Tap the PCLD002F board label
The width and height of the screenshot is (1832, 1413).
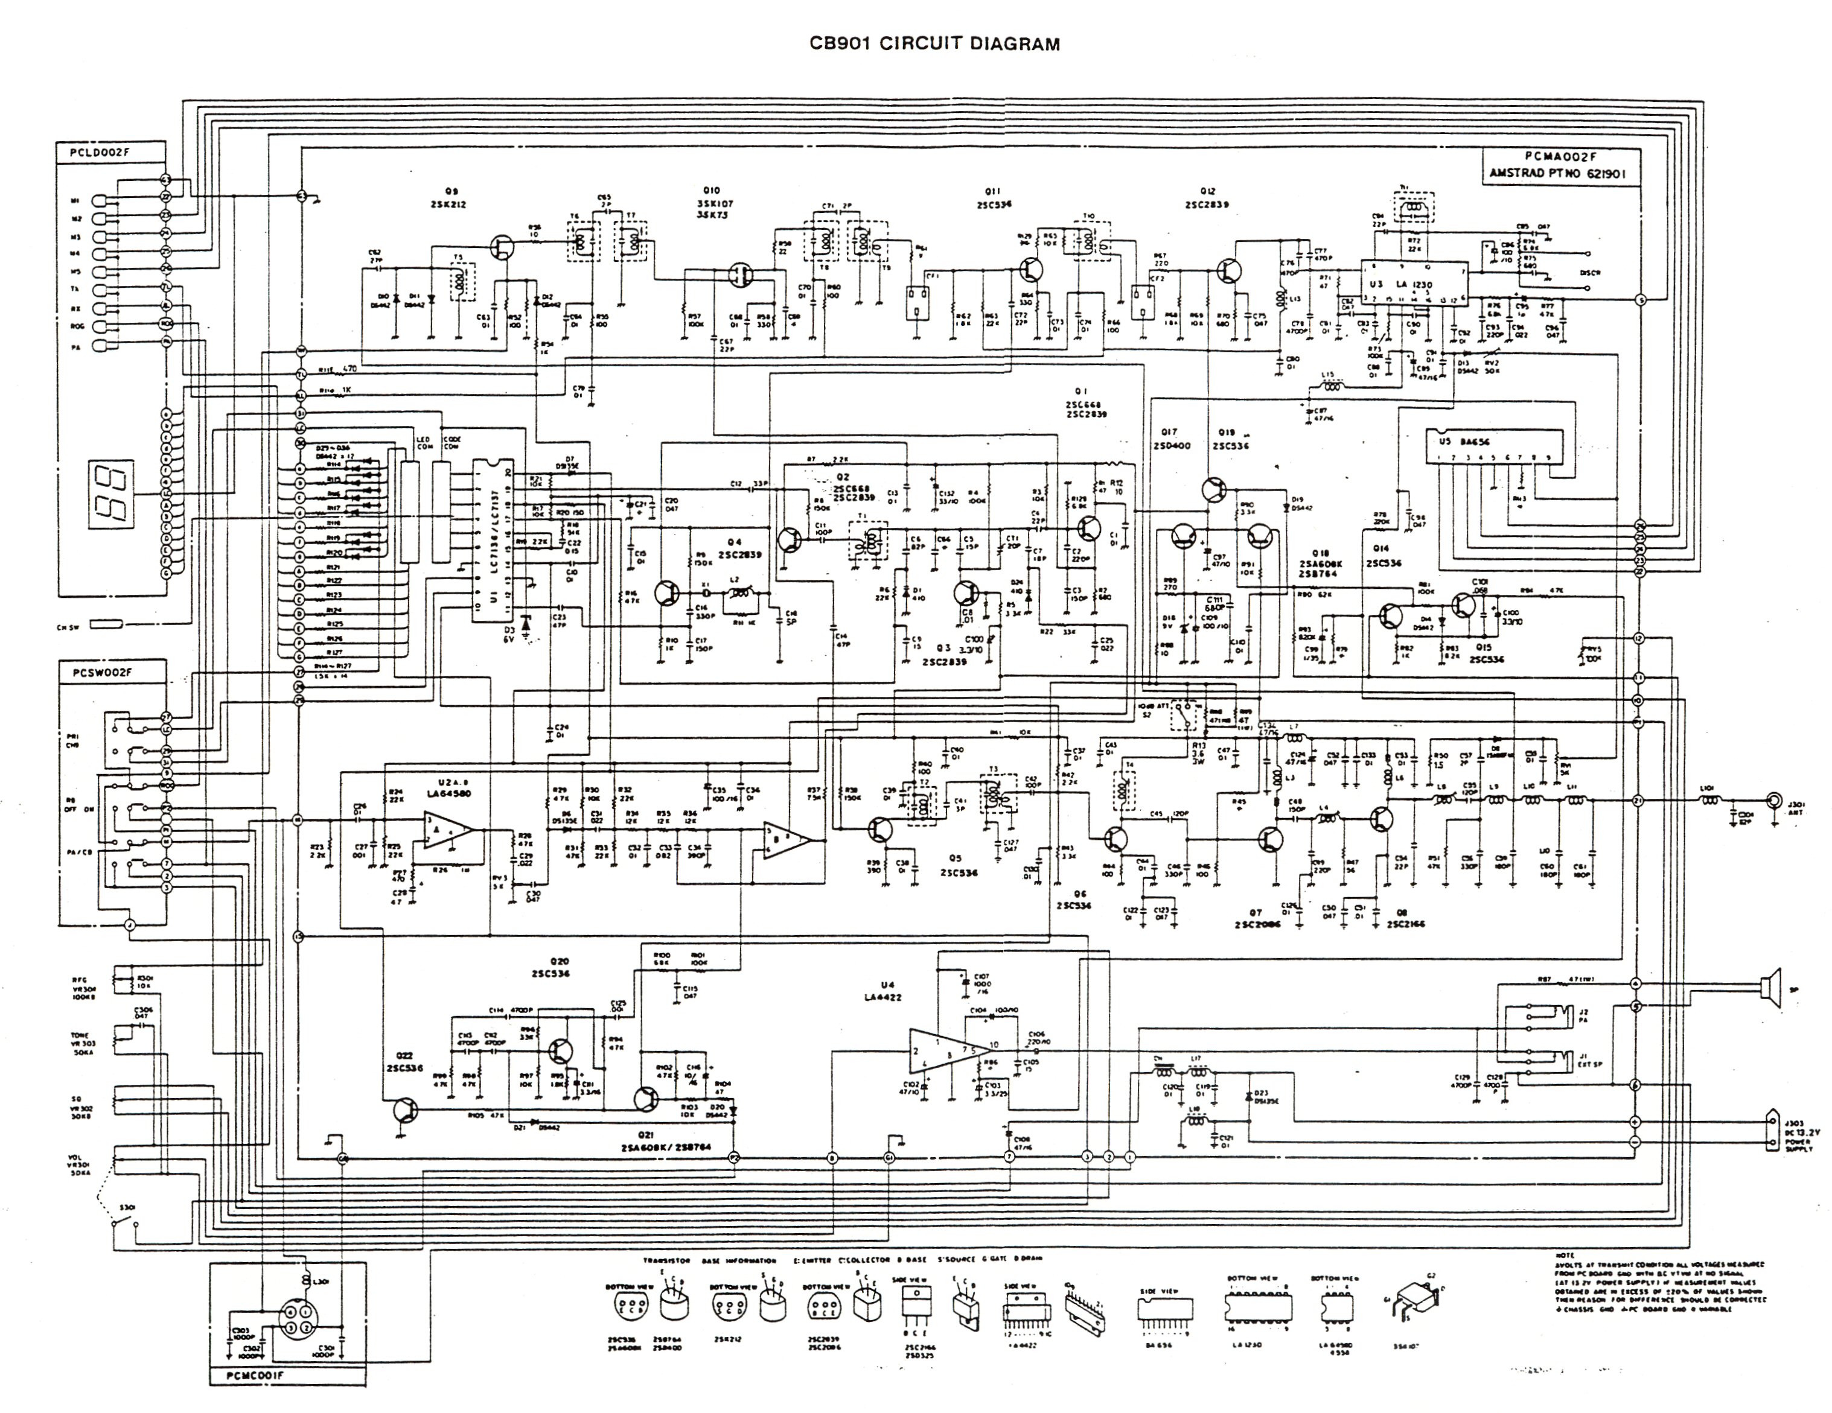click(99, 153)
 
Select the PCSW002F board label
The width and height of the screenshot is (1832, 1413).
click(99, 672)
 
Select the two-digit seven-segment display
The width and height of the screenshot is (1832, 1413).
click(112, 495)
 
